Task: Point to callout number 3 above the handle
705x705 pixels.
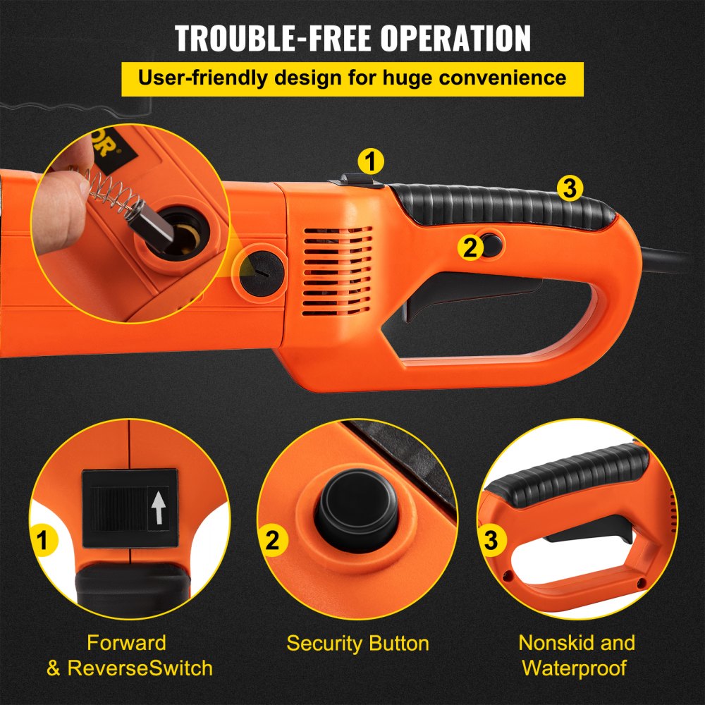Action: point(570,188)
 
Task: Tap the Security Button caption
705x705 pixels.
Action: point(357,644)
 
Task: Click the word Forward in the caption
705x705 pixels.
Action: point(126,643)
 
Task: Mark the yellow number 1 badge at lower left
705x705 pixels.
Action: point(44,541)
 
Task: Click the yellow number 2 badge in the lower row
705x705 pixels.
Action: point(272,541)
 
